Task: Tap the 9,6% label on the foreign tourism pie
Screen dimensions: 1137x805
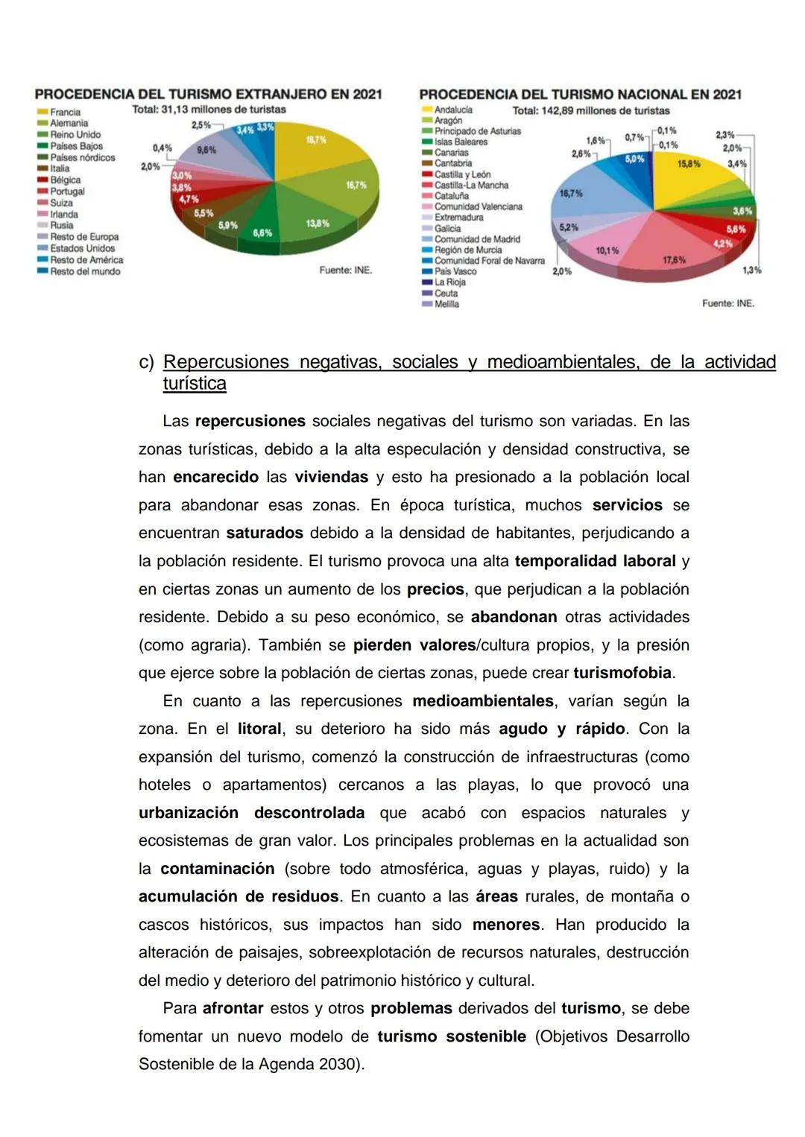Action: tap(206, 150)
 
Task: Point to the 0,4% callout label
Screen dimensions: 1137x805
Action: tap(162, 148)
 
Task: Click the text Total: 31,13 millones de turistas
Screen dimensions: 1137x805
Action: tap(209, 110)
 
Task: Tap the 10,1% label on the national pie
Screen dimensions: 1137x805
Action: tap(607, 250)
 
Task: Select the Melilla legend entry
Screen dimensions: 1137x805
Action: tap(446, 304)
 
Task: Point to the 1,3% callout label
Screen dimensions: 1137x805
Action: tap(751, 270)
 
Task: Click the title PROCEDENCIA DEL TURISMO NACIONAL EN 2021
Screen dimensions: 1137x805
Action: tap(580, 95)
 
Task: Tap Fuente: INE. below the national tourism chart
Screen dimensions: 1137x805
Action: tap(727, 303)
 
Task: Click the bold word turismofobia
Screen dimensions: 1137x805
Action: tap(622, 673)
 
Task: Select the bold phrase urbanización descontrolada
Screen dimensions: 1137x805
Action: tap(251, 812)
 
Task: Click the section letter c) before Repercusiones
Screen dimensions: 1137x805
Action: tap(146, 362)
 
